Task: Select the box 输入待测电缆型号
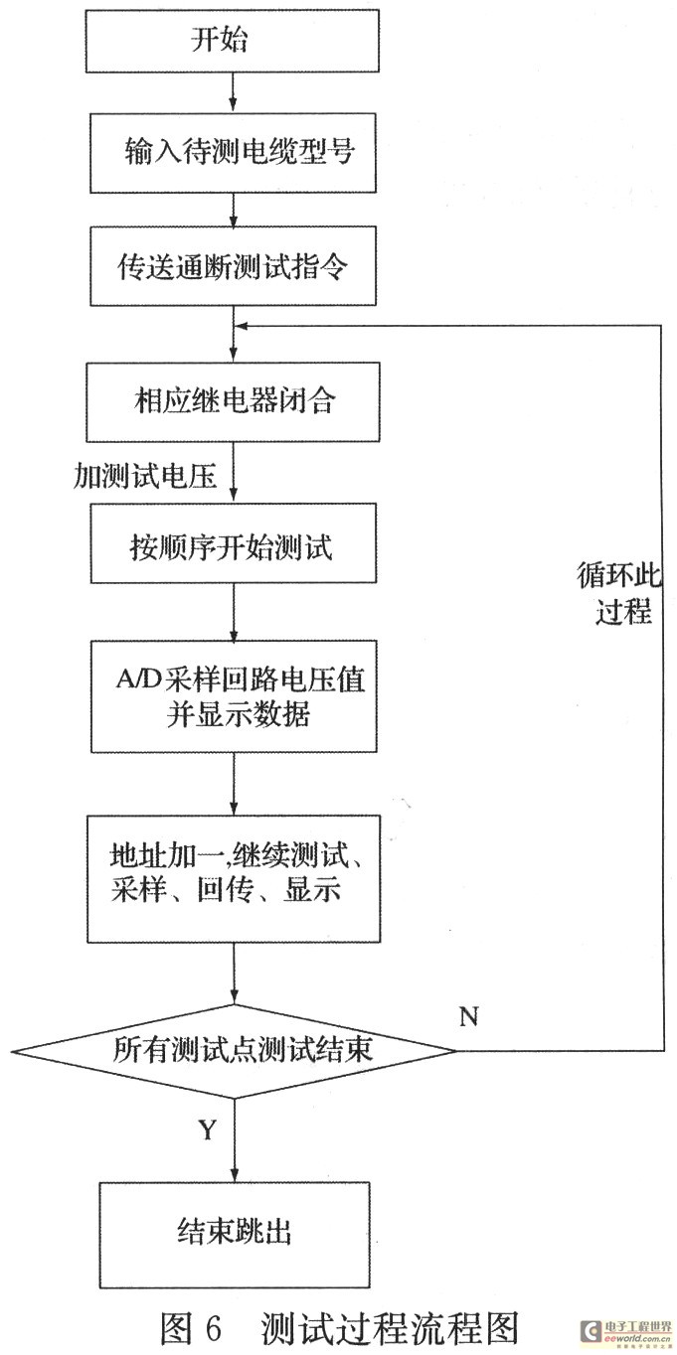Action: pos(233,153)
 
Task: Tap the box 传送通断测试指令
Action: pos(233,266)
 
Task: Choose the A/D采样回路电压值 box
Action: pos(233,695)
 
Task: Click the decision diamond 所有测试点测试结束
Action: pos(234,1050)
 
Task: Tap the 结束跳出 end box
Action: pos(233,1233)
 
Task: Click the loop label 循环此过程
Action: pos(614,593)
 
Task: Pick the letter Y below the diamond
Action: pos(208,1131)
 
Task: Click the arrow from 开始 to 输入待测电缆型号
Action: pos(233,95)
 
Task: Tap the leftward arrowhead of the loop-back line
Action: pos(243,325)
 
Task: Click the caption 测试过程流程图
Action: pos(391,1326)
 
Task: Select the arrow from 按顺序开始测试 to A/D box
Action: pos(233,613)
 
